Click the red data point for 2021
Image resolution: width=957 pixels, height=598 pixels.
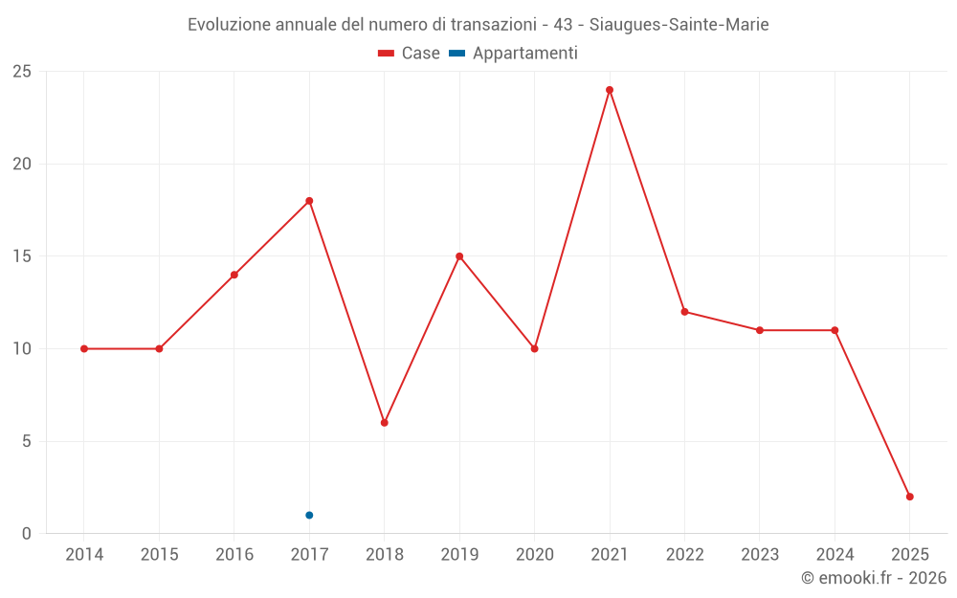[x=610, y=90]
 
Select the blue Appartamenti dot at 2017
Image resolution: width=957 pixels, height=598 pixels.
[x=309, y=515]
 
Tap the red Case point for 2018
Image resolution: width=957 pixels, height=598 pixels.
[x=385, y=422]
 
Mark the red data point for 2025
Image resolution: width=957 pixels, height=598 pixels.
[x=910, y=497]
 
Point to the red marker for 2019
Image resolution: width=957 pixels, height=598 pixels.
[x=459, y=256]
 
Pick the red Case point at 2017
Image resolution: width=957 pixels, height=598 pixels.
[x=309, y=201]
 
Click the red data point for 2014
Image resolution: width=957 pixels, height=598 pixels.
[x=84, y=348]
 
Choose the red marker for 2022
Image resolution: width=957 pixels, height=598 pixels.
[x=685, y=312]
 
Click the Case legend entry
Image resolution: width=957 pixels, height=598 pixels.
[x=410, y=54]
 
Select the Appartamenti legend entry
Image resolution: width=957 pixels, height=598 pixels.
[x=514, y=54]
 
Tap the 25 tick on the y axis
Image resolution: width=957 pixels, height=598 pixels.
[x=22, y=72]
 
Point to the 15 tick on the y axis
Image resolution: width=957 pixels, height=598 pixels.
[x=22, y=256]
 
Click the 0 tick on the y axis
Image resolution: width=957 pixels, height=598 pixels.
[x=27, y=534]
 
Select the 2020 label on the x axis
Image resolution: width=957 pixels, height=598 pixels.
[x=535, y=555]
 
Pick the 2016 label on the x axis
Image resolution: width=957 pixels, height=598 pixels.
[x=234, y=555]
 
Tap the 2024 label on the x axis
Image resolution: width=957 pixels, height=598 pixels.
[x=835, y=555]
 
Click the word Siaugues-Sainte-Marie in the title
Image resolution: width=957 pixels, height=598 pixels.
[x=675, y=24]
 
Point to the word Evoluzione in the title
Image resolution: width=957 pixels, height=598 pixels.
[x=229, y=24]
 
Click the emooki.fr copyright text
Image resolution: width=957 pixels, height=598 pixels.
[x=874, y=578]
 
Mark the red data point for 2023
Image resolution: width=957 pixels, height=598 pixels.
[x=760, y=330]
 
